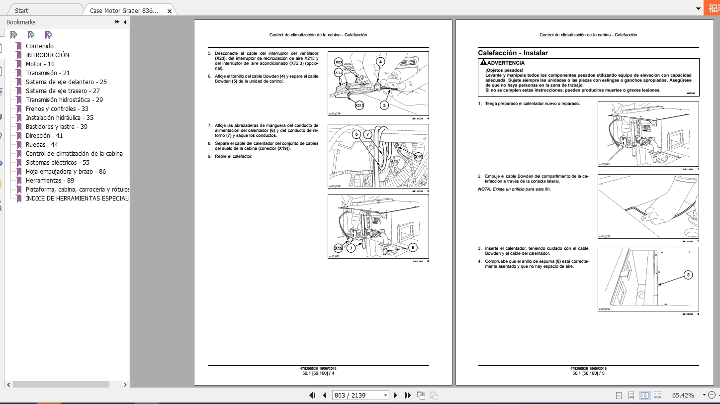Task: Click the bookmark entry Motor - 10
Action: coord(40,64)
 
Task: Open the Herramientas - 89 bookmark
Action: coord(50,181)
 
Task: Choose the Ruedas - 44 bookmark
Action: coord(42,145)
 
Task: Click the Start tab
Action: coord(21,10)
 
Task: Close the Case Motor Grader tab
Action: coord(170,11)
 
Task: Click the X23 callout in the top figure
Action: coord(339,62)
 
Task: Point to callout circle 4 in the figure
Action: coord(380,62)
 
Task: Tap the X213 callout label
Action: coord(359,105)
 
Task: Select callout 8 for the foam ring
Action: coord(688,275)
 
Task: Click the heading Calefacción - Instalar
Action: coord(513,53)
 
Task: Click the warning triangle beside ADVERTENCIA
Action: coord(483,63)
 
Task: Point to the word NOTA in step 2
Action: coord(484,189)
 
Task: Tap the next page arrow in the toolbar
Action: coord(396,395)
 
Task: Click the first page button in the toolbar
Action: coord(312,395)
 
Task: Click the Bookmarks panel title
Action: coord(21,22)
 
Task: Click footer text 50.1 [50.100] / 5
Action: coord(588,373)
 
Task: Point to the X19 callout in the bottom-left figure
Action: coord(339,248)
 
